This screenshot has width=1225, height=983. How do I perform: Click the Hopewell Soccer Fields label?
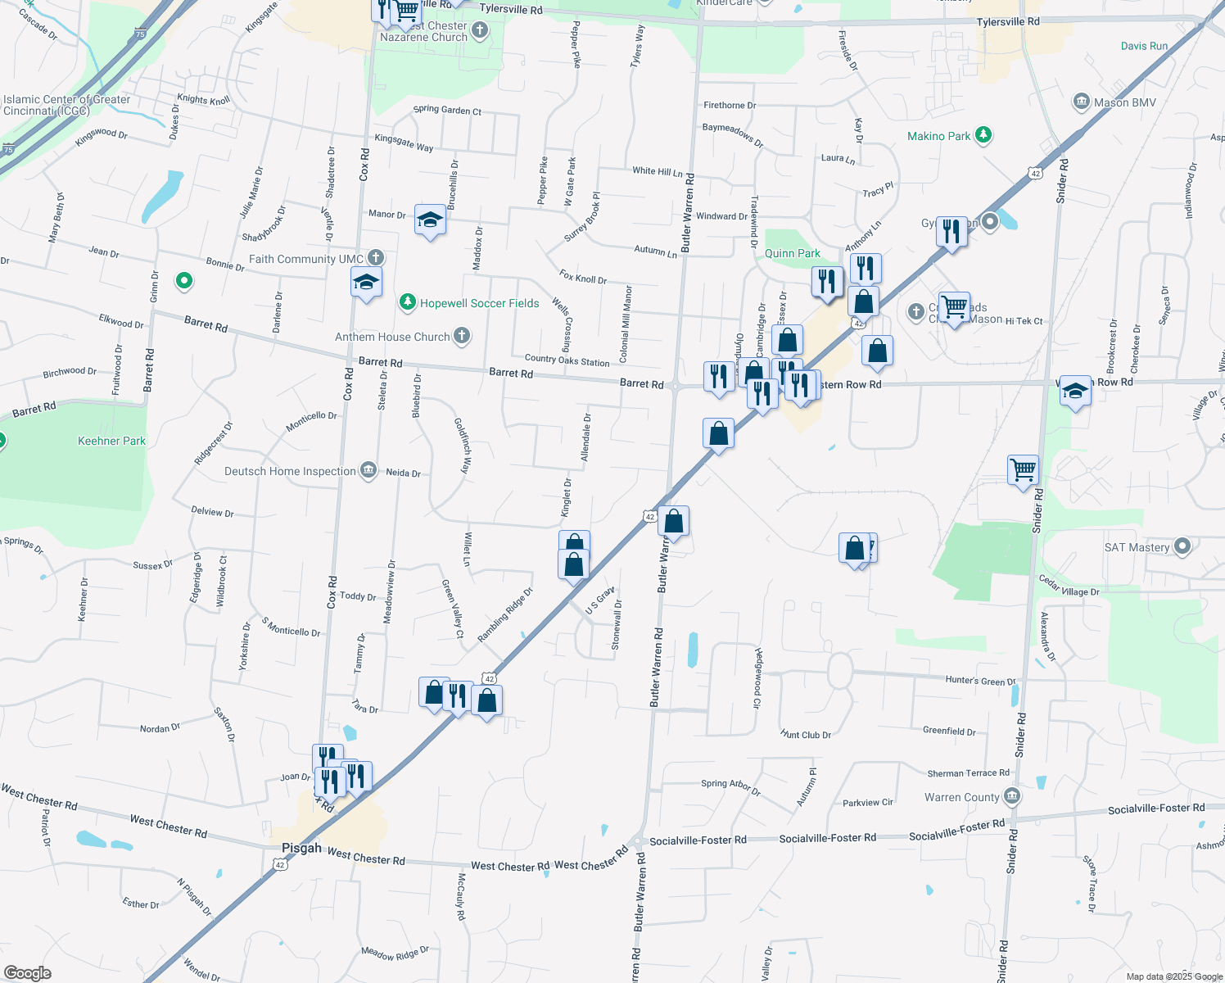pos(479,303)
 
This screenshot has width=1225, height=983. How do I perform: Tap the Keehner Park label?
pos(111,441)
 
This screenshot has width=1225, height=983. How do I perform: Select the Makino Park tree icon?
pos(983,135)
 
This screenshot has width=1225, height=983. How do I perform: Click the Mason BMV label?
pos(1125,102)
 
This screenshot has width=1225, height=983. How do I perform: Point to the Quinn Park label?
pos(792,253)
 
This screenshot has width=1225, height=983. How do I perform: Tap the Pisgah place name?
pos(301,848)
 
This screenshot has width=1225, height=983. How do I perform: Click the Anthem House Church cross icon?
pos(462,336)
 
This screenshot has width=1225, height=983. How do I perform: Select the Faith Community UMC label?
pos(305,259)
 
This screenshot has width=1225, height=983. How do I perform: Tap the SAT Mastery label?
pos(1137,547)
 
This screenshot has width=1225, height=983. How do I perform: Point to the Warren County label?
pos(961,797)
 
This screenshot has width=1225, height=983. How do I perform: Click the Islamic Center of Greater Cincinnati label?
pos(66,105)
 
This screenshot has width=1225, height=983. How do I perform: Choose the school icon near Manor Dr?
pos(430,220)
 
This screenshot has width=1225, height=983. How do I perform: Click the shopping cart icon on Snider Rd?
pos(1023,470)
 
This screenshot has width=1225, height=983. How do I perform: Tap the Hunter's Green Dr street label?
pos(979,680)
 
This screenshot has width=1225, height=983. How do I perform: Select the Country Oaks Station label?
pos(567,360)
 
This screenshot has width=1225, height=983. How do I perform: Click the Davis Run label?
pos(1144,46)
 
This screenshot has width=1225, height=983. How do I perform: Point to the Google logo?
pos(28,972)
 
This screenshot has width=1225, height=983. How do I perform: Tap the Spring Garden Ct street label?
pos(447,110)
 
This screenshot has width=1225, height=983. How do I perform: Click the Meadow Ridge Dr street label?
pos(396,954)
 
